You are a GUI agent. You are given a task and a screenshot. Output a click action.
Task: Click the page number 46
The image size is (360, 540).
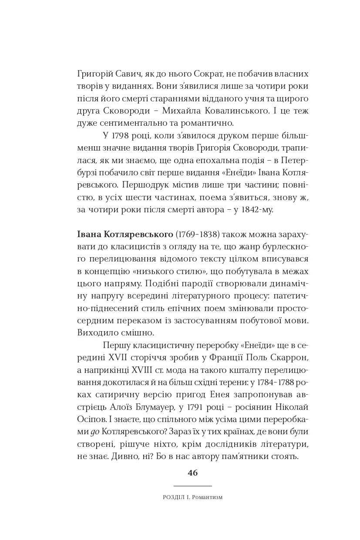click(x=192, y=473)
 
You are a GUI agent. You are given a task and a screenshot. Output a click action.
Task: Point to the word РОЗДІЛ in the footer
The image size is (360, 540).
click(x=173, y=497)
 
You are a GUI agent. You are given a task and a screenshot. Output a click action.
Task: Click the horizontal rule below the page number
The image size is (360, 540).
click(x=192, y=486)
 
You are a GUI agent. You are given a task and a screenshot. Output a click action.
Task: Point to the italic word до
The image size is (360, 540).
click(x=95, y=432)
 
